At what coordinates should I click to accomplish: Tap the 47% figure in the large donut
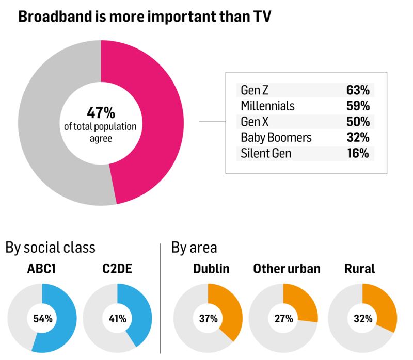[x=101, y=112]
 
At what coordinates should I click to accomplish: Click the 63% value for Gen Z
[x=357, y=90]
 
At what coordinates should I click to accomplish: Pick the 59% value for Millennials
[x=357, y=106]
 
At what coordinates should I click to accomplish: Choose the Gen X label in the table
[x=255, y=122]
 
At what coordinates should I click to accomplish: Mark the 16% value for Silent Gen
[x=357, y=154]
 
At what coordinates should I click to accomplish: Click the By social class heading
[x=50, y=248]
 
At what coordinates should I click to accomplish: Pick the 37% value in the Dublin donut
[x=208, y=318]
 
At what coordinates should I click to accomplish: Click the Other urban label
[x=287, y=269]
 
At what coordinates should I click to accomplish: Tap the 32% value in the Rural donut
[x=362, y=318]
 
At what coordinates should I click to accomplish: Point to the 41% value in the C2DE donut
[x=117, y=318]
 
